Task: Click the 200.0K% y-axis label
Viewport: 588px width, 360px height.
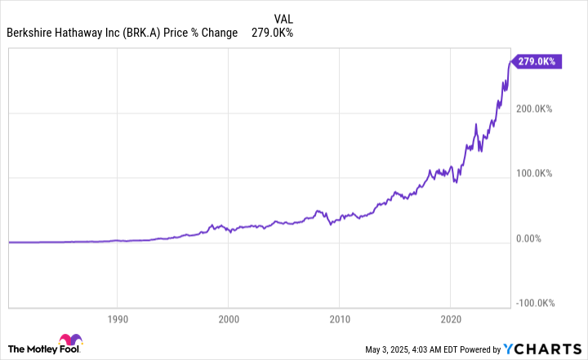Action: click(x=535, y=108)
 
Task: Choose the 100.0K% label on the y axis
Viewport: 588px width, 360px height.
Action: click(x=535, y=173)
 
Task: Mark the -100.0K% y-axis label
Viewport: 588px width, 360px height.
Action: click(x=536, y=303)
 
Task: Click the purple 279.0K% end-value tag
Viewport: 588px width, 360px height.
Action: click(x=537, y=61)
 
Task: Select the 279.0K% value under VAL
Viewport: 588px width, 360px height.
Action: click(x=274, y=33)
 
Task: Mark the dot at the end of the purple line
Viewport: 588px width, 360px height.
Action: click(x=512, y=61)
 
